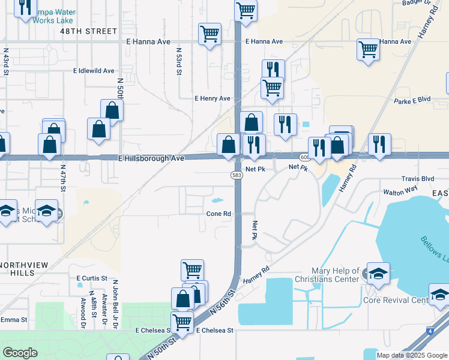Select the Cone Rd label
(218, 214)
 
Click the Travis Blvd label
(417, 179)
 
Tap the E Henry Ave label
(212, 98)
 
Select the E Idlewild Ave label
(94, 71)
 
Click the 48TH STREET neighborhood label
(88, 31)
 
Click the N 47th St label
(62, 180)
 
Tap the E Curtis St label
(91, 278)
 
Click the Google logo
(20, 353)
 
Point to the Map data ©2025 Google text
(412, 355)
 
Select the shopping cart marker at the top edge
(246, 10)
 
